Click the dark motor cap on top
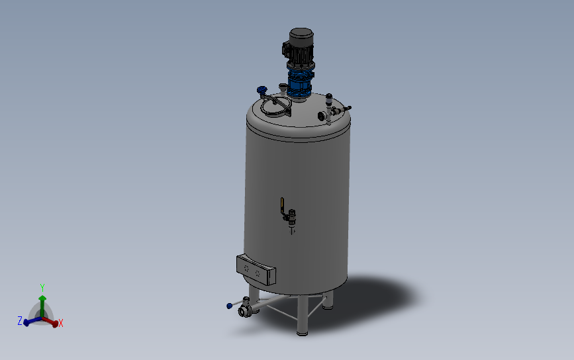click(301, 35)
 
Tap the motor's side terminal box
click(287, 47)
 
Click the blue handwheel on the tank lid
click(262, 90)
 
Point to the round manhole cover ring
click(275, 106)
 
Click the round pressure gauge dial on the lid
click(323, 116)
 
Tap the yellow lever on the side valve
click(282, 203)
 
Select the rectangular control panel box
click(256, 269)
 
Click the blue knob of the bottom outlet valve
click(229, 305)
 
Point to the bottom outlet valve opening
click(244, 310)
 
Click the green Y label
click(42, 288)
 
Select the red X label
click(61, 323)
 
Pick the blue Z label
click(20, 320)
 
